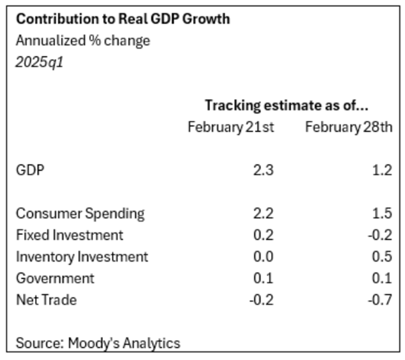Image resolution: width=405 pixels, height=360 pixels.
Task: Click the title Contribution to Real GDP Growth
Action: pyautogui.click(x=123, y=19)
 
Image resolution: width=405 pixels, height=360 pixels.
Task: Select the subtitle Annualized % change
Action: pyautogui.click(x=83, y=41)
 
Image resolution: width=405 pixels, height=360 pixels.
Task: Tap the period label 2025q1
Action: pyautogui.click(x=39, y=63)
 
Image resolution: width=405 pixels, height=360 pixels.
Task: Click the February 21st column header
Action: pyautogui.click(x=231, y=128)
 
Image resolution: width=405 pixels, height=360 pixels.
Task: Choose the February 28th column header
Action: pyautogui.click(x=348, y=128)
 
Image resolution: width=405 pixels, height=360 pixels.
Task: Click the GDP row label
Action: pyautogui.click(x=31, y=169)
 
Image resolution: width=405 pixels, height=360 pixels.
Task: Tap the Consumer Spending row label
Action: pyautogui.click(x=80, y=214)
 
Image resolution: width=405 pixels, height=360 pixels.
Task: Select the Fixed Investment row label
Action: pyautogui.click(x=69, y=235)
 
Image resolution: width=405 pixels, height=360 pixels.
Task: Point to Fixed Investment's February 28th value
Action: pyautogui.click(x=381, y=235)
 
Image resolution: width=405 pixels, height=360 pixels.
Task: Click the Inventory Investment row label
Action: pyautogui.click(x=82, y=257)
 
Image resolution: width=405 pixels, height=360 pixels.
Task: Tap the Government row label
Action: pyautogui.click(x=55, y=278)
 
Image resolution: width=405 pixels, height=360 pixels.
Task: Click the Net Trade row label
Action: pyautogui.click(x=46, y=300)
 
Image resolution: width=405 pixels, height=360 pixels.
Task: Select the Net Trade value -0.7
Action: pyautogui.click(x=381, y=300)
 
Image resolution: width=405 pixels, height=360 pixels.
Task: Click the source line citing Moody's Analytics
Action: pyautogui.click(x=98, y=343)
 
